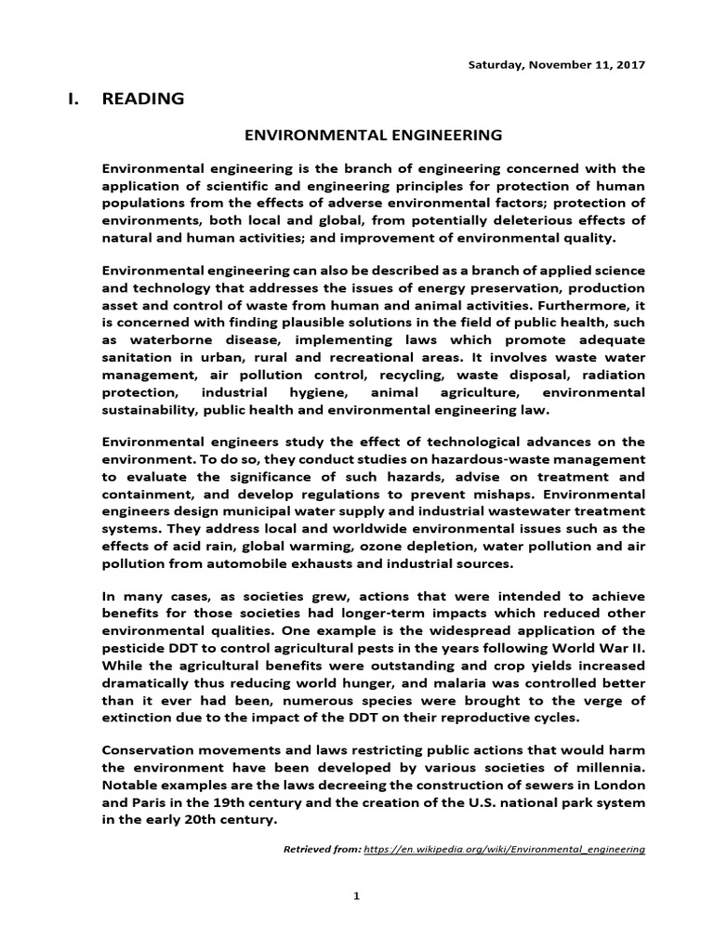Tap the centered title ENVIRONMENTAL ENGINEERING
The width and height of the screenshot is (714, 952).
click(373, 135)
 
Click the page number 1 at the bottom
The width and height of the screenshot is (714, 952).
click(356, 895)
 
